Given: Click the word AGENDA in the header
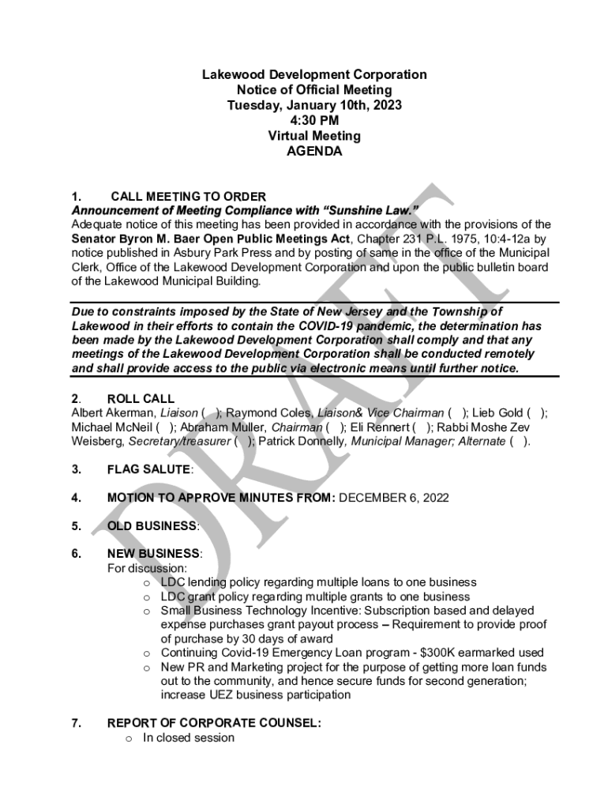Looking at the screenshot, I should pyautogui.click(x=314, y=151).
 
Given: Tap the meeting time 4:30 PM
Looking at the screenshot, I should pyautogui.click(x=314, y=120).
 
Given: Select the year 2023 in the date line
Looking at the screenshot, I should pyautogui.click(x=385, y=105).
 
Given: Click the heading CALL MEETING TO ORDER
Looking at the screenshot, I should pyautogui.click(x=188, y=197).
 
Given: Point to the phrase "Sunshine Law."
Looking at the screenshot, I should pyautogui.click(x=370, y=211).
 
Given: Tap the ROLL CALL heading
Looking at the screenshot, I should pyautogui.click(x=141, y=399).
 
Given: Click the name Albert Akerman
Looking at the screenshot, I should pyautogui.click(x=114, y=412).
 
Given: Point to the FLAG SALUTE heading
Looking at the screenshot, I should pyautogui.click(x=148, y=469).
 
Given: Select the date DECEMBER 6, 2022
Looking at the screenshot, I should pyautogui.click(x=393, y=498).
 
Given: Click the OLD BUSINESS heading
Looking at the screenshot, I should pyautogui.click(x=152, y=525).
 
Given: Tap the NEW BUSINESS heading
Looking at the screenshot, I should pyautogui.click(x=153, y=554).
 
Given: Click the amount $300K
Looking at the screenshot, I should pyautogui.click(x=475, y=653).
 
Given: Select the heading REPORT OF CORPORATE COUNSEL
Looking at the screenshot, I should pyautogui.click(x=213, y=723).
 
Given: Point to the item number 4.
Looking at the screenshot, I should pyautogui.click(x=76, y=498).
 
